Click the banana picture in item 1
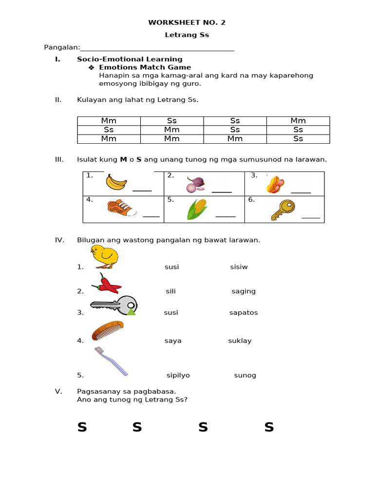[x=116, y=182]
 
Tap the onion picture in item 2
[x=196, y=185]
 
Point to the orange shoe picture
[x=122, y=208]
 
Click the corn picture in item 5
[x=198, y=210]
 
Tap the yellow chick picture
[x=104, y=257]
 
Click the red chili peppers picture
[x=107, y=283]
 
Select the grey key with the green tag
[x=113, y=306]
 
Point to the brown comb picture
[x=107, y=330]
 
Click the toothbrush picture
[x=111, y=361]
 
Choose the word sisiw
[x=239, y=267]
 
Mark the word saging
[x=243, y=291]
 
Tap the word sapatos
[x=243, y=313]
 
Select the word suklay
[x=240, y=341]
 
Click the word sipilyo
[x=178, y=376]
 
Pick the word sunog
[x=245, y=376]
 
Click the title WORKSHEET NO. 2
[x=187, y=22]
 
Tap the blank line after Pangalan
[x=157, y=48]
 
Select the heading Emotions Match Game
[x=145, y=67]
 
